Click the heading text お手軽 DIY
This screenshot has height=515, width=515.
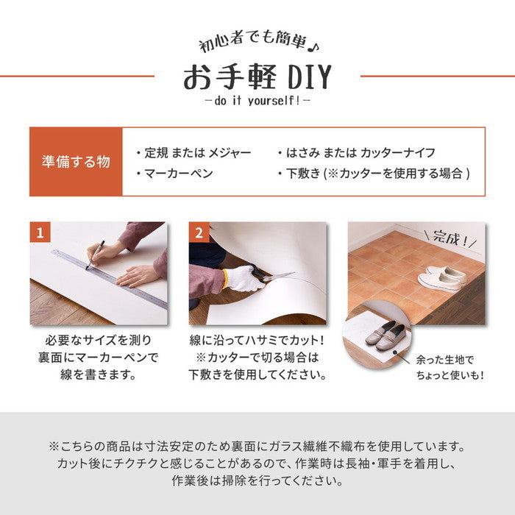coord(257,77)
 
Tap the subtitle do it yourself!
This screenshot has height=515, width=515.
coord(257,100)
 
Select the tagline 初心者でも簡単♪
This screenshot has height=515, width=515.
coord(257,43)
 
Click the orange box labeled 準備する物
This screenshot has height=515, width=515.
coord(76,162)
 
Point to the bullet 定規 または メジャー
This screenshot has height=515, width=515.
coord(194,152)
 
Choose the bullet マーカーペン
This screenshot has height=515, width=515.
coord(175,174)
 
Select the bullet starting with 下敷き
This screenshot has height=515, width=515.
coord(374,174)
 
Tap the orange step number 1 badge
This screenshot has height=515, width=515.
coord(40,233)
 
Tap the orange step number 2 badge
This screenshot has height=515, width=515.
coord(199,233)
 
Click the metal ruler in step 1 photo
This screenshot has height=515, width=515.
coord(110,276)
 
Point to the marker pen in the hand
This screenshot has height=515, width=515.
coord(96,254)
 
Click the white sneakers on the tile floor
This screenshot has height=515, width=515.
coord(441,277)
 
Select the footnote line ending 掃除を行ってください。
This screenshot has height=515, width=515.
coord(257,482)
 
